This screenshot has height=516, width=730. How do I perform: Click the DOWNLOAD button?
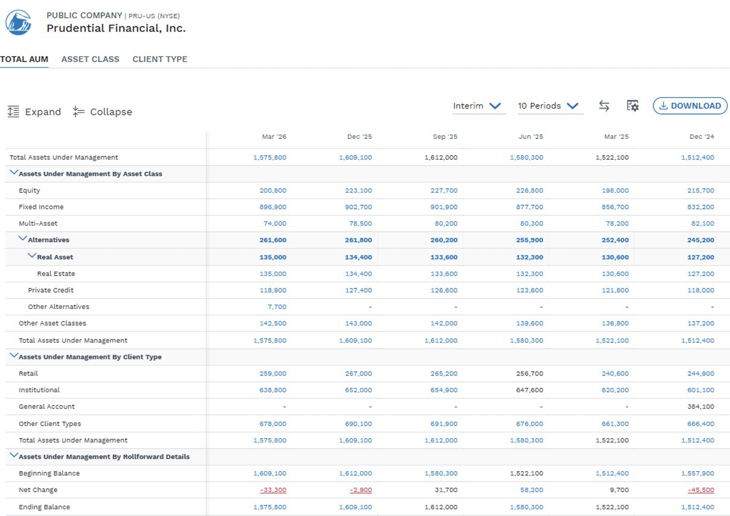tap(690, 106)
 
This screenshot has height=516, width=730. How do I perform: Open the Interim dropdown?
tap(477, 106)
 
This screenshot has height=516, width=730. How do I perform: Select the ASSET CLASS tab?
tap(90, 59)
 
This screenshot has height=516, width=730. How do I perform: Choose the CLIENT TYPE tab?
tap(160, 59)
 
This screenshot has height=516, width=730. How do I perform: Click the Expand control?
tap(34, 112)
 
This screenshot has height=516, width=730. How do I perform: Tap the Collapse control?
tap(103, 112)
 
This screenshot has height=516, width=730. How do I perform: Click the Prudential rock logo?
tap(18, 22)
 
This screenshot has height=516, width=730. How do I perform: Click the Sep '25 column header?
tap(445, 136)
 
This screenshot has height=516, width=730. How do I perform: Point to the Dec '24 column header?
tap(702, 136)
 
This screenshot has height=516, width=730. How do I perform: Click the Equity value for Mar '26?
tap(273, 190)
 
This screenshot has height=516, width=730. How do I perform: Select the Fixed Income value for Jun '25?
tap(530, 207)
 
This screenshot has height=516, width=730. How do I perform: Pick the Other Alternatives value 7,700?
tap(277, 307)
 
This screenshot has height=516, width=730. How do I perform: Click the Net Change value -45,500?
tap(701, 490)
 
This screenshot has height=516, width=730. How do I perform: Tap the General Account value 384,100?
tap(700, 407)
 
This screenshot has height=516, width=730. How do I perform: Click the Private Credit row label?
tap(51, 290)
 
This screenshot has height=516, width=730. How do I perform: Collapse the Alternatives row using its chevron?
tap(22, 238)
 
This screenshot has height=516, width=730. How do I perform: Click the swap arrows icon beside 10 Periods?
tap(604, 106)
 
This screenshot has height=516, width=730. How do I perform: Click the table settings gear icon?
tap(632, 106)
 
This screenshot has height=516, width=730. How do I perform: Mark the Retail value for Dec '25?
tap(358, 374)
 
